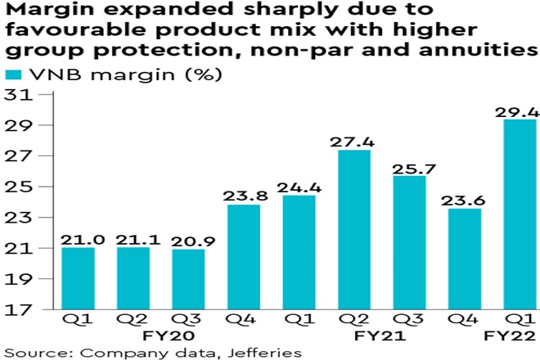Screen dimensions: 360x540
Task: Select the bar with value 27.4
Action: (x=353, y=230)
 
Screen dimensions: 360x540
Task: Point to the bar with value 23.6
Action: (x=465, y=259)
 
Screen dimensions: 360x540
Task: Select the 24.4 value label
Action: (x=299, y=187)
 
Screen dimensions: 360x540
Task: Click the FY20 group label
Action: (x=189, y=336)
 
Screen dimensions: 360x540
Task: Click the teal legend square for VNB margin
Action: (x=14, y=76)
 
